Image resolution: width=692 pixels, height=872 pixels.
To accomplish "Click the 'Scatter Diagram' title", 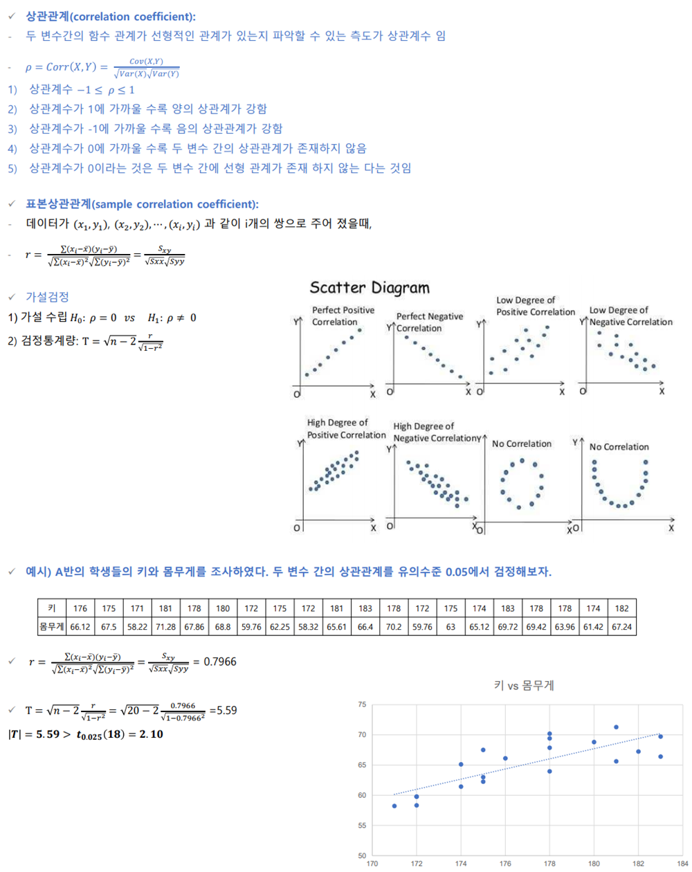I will pos(370,288).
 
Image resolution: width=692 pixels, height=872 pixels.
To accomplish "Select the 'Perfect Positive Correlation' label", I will pos(343,316).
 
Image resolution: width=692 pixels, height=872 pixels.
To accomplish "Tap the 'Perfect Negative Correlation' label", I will pos(429,323).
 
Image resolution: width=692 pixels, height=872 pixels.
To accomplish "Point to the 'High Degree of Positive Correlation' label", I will pos(346,429).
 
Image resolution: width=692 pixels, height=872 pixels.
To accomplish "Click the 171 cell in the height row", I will pos(137,608).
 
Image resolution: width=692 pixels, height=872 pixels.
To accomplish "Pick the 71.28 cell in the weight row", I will pos(165,627).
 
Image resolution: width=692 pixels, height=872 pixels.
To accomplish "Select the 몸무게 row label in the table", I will pos(52,627).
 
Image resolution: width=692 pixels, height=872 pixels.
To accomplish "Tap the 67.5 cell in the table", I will pos(109,627).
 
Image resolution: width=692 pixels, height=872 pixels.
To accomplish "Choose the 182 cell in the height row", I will pos(621,608).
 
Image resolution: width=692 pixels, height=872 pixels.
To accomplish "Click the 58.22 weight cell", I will pos(137,627).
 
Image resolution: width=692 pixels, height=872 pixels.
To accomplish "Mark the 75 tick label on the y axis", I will pos(362,705).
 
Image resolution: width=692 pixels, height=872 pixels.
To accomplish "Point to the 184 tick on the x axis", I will pos(682,864).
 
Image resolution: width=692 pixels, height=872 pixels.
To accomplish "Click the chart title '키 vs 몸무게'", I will pos(524,686).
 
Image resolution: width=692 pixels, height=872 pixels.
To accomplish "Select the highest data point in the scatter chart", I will pos(616,727).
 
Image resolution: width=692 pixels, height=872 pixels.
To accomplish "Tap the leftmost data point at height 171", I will pos(394,806).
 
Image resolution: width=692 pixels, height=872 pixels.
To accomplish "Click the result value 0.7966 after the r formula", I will pos(220,662).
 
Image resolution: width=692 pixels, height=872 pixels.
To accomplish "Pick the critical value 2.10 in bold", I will pos(151,734).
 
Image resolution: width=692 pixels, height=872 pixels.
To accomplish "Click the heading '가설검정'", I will pos(47,297).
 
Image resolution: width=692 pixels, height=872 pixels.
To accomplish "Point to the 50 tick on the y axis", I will pos(362,856).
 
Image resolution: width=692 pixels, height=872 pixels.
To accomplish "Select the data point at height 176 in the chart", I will pos(505,759).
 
